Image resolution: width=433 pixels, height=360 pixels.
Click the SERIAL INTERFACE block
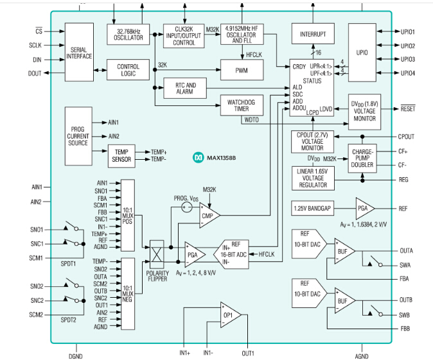pyautogui.click(x=79, y=52)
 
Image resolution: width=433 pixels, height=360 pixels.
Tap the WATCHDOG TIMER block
pyautogui.click(x=242, y=105)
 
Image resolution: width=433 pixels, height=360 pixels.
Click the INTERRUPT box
pyautogui.click(x=313, y=34)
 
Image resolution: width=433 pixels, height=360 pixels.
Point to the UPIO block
pyautogui.click(x=364, y=52)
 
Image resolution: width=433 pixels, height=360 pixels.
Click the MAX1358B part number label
pyautogui.click(x=220, y=157)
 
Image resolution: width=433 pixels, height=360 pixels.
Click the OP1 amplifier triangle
pyautogui.click(x=226, y=316)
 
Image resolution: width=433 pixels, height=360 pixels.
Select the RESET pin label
pyautogui.click(x=408, y=109)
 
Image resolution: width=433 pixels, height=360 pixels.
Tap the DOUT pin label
pyautogui.click(x=35, y=74)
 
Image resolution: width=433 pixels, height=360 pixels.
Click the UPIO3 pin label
pyautogui.click(x=407, y=60)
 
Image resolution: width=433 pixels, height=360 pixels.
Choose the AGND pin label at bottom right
pyautogui.click(x=362, y=355)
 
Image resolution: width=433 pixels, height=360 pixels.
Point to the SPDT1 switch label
pyautogui.click(x=68, y=263)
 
